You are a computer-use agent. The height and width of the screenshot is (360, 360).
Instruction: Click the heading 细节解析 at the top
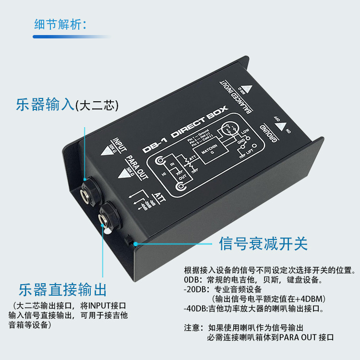[x=60, y=24]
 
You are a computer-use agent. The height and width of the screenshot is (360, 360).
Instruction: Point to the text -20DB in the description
[x=194, y=289]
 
